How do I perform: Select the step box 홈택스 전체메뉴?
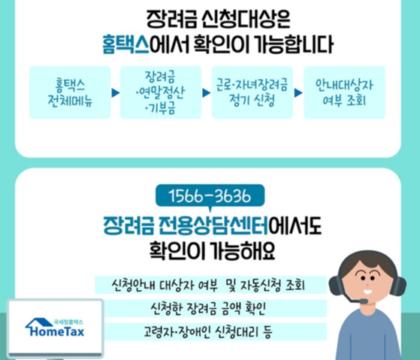pyautogui.click(x=68, y=92)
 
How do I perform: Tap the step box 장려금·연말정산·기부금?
pyautogui.click(x=160, y=92)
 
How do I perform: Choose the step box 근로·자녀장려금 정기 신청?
pyautogui.click(x=252, y=92)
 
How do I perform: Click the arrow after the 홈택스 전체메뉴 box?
pyautogui.click(x=114, y=93)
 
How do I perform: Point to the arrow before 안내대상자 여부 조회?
pyautogui.click(x=298, y=93)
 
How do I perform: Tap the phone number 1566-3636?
pyautogui.click(x=211, y=198)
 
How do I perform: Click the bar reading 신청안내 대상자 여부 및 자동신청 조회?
pyautogui.click(x=211, y=286)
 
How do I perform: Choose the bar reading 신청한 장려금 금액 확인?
pyautogui.click(x=211, y=308)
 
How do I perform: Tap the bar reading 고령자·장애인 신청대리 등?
pyautogui.click(x=211, y=331)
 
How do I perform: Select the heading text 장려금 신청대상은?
pyautogui.click(x=210, y=17)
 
